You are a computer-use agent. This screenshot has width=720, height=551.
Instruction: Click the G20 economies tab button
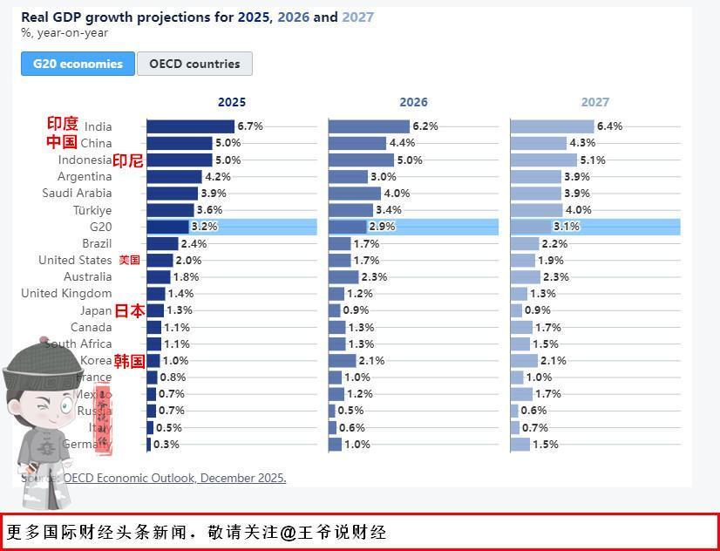(78, 64)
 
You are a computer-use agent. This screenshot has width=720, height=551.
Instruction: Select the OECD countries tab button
(194, 64)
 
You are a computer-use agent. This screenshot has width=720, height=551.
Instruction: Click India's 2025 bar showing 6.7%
(190, 126)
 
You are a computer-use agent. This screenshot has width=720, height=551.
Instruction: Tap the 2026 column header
(413, 102)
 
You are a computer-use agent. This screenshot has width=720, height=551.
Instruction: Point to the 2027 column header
(595, 102)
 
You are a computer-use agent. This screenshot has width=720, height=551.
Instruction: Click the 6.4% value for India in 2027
(609, 126)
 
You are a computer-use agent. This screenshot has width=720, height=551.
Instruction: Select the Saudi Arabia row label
(77, 194)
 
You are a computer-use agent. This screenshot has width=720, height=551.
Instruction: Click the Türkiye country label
(92, 210)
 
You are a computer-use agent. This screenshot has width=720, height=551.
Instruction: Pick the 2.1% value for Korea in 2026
(371, 361)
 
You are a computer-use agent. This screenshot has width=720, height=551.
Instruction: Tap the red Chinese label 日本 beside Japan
(130, 310)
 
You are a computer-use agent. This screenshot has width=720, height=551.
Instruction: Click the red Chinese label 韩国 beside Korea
(129, 361)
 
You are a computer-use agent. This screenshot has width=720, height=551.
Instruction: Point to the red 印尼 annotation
(128, 160)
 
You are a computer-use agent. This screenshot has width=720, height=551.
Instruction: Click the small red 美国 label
(129, 260)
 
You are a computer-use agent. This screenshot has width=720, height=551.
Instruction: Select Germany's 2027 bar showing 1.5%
(520, 445)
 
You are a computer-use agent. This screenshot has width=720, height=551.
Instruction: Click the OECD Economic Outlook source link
(174, 478)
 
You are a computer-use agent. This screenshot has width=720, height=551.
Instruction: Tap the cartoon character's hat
(38, 357)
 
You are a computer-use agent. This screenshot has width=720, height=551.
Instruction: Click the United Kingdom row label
(66, 294)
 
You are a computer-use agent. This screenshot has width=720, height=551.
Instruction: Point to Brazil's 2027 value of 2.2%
(554, 244)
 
